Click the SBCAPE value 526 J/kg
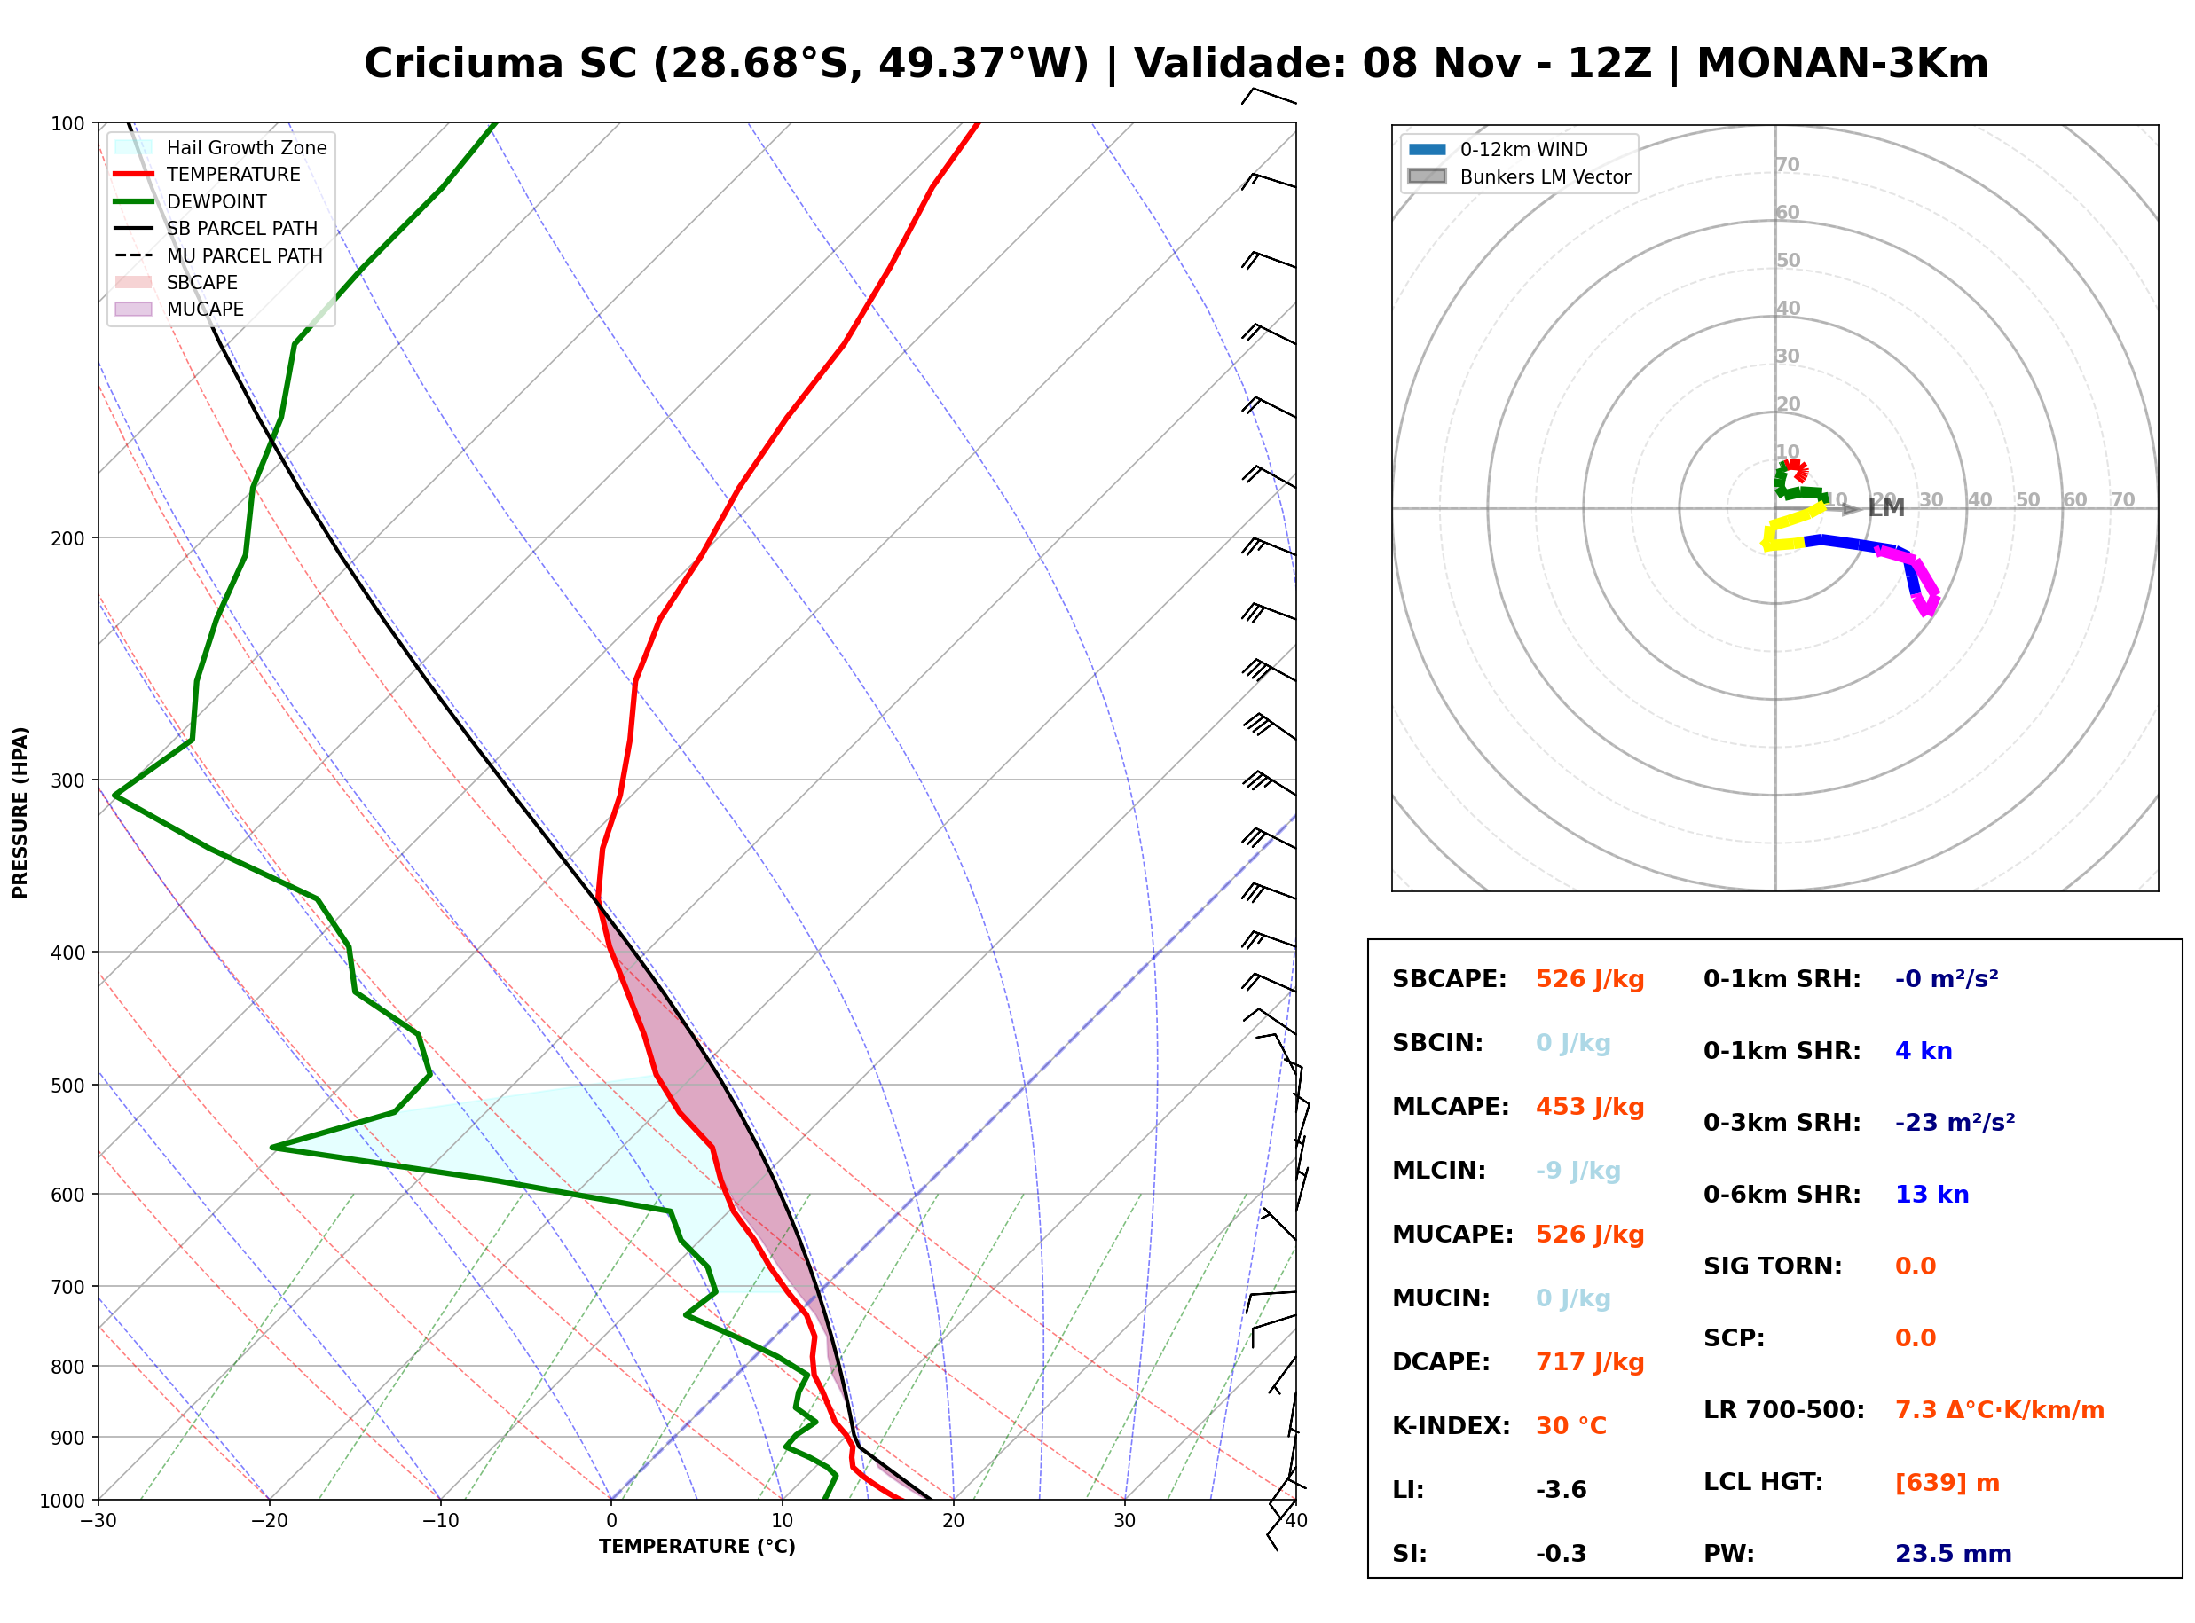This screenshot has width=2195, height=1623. pyautogui.click(x=1590, y=979)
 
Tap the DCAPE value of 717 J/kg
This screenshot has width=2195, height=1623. pyautogui.click(x=1590, y=1362)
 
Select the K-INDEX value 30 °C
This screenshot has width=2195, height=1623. pyautogui.click(x=1571, y=1426)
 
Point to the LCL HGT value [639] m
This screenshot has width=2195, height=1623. pyautogui.click(x=1947, y=1483)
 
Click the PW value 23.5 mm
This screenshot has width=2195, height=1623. pyautogui.click(x=1954, y=1554)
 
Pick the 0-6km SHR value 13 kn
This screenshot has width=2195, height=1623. pyautogui.click(x=1931, y=1195)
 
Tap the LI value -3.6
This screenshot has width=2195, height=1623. pyautogui.click(x=1562, y=1490)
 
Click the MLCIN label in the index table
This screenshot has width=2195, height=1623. pyautogui.click(x=1439, y=1171)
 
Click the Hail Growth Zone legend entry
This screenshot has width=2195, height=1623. pyautogui.click(x=221, y=147)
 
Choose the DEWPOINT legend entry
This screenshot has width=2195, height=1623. pyautogui.click(x=191, y=201)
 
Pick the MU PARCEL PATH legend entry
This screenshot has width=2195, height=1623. pyautogui.click(x=218, y=255)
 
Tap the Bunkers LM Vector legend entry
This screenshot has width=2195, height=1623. pyautogui.click(x=1519, y=176)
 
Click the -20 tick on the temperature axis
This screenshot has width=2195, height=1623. pyautogui.click(x=269, y=1521)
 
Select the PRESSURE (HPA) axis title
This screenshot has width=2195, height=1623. pyautogui.click(x=20, y=812)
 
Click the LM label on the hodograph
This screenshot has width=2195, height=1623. pyautogui.click(x=1886, y=508)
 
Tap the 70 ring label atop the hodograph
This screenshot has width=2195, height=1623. pyautogui.click(x=1787, y=164)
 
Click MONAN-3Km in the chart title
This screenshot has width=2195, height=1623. pyautogui.click(x=1842, y=64)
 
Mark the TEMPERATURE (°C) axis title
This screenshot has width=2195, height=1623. pyautogui.click(x=697, y=1548)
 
